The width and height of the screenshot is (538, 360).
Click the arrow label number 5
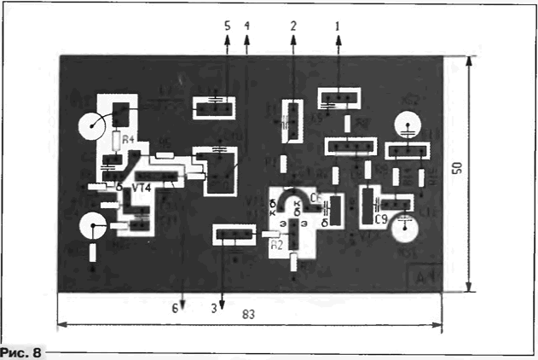[x=227, y=26]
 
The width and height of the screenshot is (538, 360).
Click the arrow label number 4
[x=246, y=26]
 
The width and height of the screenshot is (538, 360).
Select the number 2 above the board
[x=292, y=26]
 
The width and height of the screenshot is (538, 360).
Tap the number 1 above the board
[x=338, y=26]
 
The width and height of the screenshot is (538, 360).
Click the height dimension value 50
[x=458, y=168]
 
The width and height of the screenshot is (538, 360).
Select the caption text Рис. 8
[x=20, y=351]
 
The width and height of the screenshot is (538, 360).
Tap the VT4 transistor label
[x=144, y=187]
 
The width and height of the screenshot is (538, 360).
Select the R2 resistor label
[x=276, y=244]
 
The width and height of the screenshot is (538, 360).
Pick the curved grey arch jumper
[x=292, y=196]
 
